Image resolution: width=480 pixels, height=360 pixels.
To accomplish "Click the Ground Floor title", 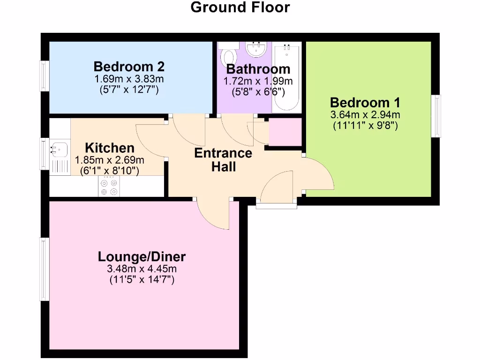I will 240,7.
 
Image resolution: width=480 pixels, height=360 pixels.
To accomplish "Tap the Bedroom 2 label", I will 129,66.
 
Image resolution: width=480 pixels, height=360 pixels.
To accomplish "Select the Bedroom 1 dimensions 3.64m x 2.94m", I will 365,115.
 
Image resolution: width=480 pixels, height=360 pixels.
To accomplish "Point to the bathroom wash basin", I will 255,48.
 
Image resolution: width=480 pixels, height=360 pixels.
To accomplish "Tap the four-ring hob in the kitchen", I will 108,187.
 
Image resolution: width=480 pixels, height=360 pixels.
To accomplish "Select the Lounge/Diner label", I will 142,256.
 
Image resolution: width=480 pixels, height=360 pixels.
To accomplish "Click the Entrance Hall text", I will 223,159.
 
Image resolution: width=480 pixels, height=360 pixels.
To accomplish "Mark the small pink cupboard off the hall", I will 285,132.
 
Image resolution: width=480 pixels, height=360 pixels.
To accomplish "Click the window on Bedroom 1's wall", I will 436,116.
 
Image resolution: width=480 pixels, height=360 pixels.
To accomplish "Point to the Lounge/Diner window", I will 45,269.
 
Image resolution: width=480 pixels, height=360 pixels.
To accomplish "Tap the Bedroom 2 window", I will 45,75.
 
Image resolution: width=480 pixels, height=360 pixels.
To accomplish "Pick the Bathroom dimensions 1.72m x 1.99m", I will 257,81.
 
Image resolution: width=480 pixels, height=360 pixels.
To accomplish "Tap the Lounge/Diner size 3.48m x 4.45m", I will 142,269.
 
